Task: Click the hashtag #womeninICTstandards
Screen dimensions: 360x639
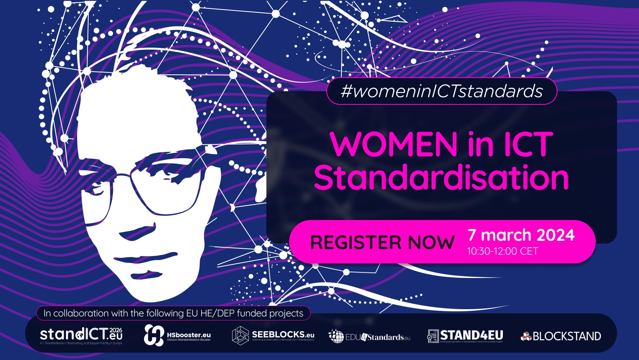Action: click(x=442, y=91)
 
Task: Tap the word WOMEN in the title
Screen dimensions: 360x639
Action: click(x=394, y=145)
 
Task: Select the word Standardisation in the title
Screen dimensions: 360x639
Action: click(x=441, y=178)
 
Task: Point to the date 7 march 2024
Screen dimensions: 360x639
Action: click(x=521, y=235)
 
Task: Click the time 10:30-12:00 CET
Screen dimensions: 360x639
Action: click(x=502, y=251)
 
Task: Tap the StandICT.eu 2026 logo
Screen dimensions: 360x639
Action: click(x=81, y=335)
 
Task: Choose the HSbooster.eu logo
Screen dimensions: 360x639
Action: click(x=177, y=335)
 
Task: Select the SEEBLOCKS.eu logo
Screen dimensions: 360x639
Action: click(x=273, y=335)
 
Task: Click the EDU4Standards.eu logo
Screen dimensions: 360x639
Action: click(x=369, y=336)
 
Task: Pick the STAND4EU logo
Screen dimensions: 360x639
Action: click(x=465, y=336)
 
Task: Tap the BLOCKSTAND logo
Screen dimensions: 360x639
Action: click(x=561, y=336)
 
